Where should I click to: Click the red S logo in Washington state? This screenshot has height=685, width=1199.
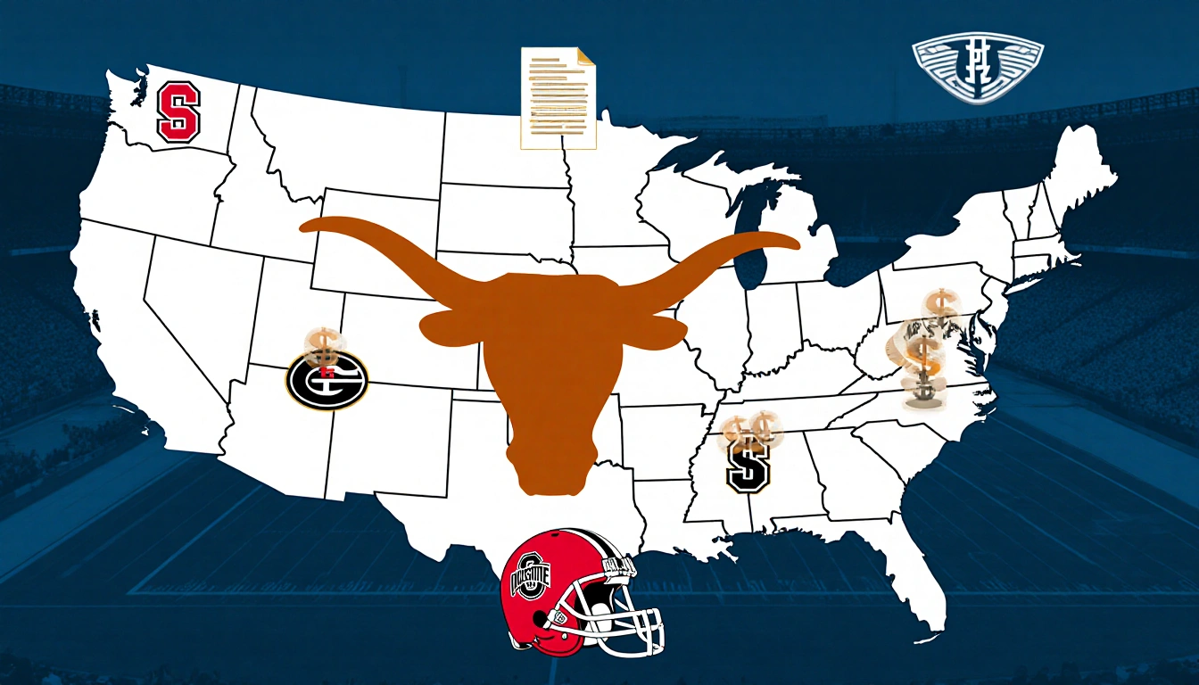click(178, 111)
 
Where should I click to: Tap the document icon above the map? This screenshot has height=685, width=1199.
click(558, 97)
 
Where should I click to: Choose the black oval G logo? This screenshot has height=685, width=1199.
click(327, 379)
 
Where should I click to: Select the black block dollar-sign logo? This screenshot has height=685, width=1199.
click(748, 466)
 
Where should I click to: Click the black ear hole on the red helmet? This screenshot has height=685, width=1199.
click(561, 616)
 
